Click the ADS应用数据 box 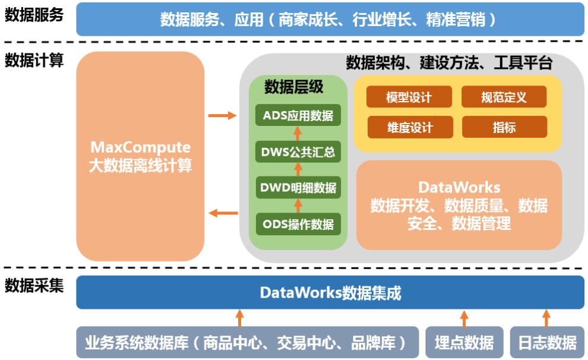click(298, 115)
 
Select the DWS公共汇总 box click(298, 151)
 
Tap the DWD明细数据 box click(298, 188)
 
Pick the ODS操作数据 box click(298, 224)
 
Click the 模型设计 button click(409, 97)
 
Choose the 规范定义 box click(504, 97)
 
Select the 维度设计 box click(410, 127)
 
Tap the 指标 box click(504, 127)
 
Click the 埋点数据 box click(464, 342)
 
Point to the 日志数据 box click(547, 342)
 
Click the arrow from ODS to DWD click(298, 206)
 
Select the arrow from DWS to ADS click(298, 134)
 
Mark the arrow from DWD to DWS click(298, 169)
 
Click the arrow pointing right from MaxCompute click(222, 115)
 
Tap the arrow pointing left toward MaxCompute click(223, 213)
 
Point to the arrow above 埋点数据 click(464, 318)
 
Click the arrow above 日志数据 click(546, 318)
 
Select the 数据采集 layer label click(34, 286)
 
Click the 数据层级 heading click(294, 87)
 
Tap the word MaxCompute click(141, 147)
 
